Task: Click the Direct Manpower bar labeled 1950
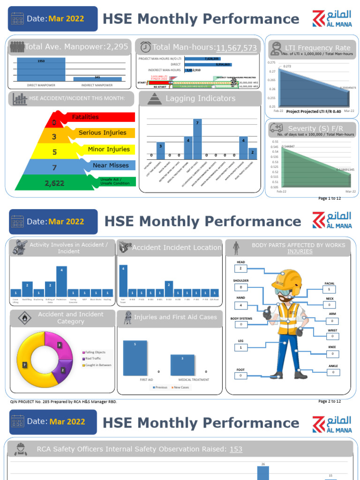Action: pos(41,69)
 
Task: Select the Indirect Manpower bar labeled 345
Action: pos(97,79)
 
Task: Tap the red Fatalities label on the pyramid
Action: pos(85,117)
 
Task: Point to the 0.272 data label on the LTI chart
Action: pos(287,66)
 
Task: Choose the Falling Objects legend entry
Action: pos(95,352)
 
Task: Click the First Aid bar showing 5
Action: pos(135,359)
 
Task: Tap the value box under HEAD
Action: pos(240,269)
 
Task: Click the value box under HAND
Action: pos(240,306)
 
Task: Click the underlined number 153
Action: pos(236,449)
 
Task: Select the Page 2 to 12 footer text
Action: pos(330,401)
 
